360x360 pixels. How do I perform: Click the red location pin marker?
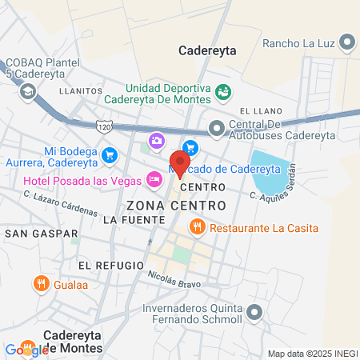tap(178, 161)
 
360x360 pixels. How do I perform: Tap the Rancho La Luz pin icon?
tap(347, 42)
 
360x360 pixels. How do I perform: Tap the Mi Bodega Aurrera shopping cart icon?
tap(110, 154)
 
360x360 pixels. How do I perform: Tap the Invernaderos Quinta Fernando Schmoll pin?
tap(254, 312)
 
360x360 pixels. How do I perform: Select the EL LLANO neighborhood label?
tap(257, 110)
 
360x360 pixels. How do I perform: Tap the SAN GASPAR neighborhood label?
tap(42, 234)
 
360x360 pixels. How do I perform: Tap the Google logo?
tap(26, 350)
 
